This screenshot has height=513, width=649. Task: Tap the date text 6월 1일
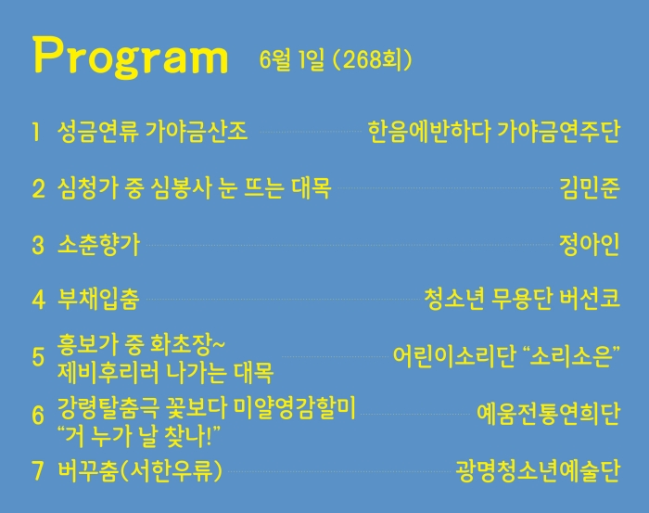(x=292, y=59)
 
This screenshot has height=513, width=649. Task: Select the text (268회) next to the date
(x=372, y=59)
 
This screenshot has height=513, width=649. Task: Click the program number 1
(x=36, y=132)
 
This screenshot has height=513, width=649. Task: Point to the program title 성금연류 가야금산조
(x=152, y=131)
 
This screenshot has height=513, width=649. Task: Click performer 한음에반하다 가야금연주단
(x=494, y=131)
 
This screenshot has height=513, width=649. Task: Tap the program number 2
(x=38, y=188)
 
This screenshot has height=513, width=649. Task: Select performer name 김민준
(x=590, y=188)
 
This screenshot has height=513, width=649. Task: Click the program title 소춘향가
(x=98, y=244)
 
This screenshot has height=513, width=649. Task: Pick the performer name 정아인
(x=590, y=244)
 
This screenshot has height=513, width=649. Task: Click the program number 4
(x=39, y=300)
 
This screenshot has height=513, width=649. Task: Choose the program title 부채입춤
(x=98, y=299)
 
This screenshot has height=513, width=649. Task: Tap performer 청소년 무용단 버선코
(x=522, y=299)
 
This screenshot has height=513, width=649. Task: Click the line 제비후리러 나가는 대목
(x=166, y=373)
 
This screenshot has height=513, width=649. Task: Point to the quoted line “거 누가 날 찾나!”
(x=139, y=436)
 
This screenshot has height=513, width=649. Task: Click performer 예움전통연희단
(x=548, y=413)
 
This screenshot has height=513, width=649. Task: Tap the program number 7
(x=38, y=470)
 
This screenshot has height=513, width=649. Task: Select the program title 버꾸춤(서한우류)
(x=140, y=470)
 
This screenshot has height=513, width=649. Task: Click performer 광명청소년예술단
(x=538, y=470)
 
